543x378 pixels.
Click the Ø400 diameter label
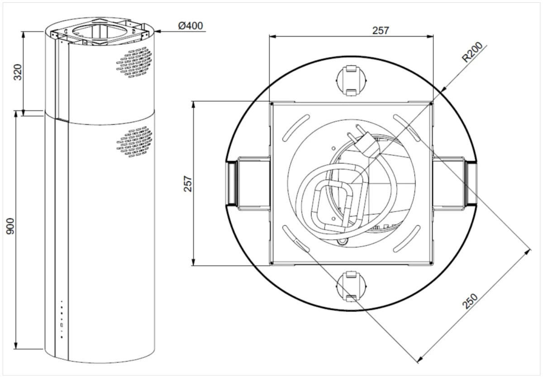click(x=191, y=26)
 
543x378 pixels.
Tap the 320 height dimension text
click(x=18, y=72)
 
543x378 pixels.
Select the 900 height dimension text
click(x=10, y=226)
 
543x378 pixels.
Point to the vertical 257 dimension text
click(x=188, y=184)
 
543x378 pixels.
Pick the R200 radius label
click(x=472, y=52)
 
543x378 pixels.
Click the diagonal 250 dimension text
click(x=470, y=301)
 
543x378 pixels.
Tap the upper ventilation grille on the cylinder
click(x=134, y=62)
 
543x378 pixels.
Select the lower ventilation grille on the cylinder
click(x=134, y=142)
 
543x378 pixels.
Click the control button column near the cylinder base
click(x=62, y=319)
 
